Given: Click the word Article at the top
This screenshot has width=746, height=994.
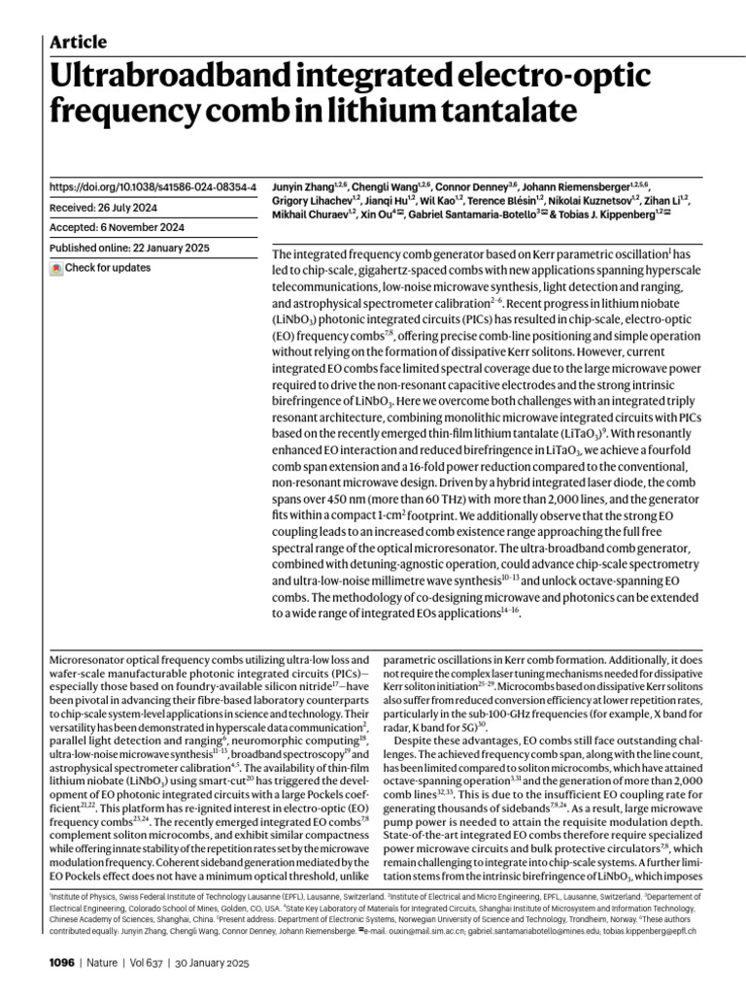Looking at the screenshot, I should point(78,42).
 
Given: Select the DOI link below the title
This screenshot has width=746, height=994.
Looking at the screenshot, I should point(153,185).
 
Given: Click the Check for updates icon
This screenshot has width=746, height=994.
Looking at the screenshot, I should point(55,268).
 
